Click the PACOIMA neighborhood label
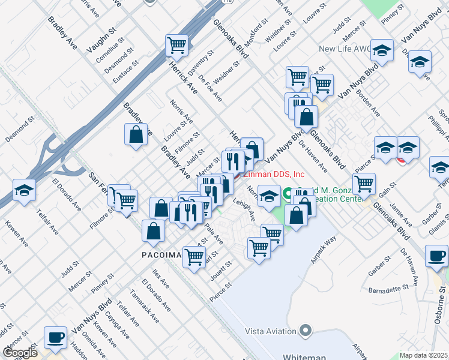click(161, 255)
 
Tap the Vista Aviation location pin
click(306, 330)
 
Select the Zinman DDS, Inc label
click(273, 174)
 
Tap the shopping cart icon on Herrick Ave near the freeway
click(177, 44)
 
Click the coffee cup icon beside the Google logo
click(56, 337)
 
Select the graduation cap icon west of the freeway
click(25, 190)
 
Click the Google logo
click(20, 353)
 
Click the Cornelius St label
click(112, 52)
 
